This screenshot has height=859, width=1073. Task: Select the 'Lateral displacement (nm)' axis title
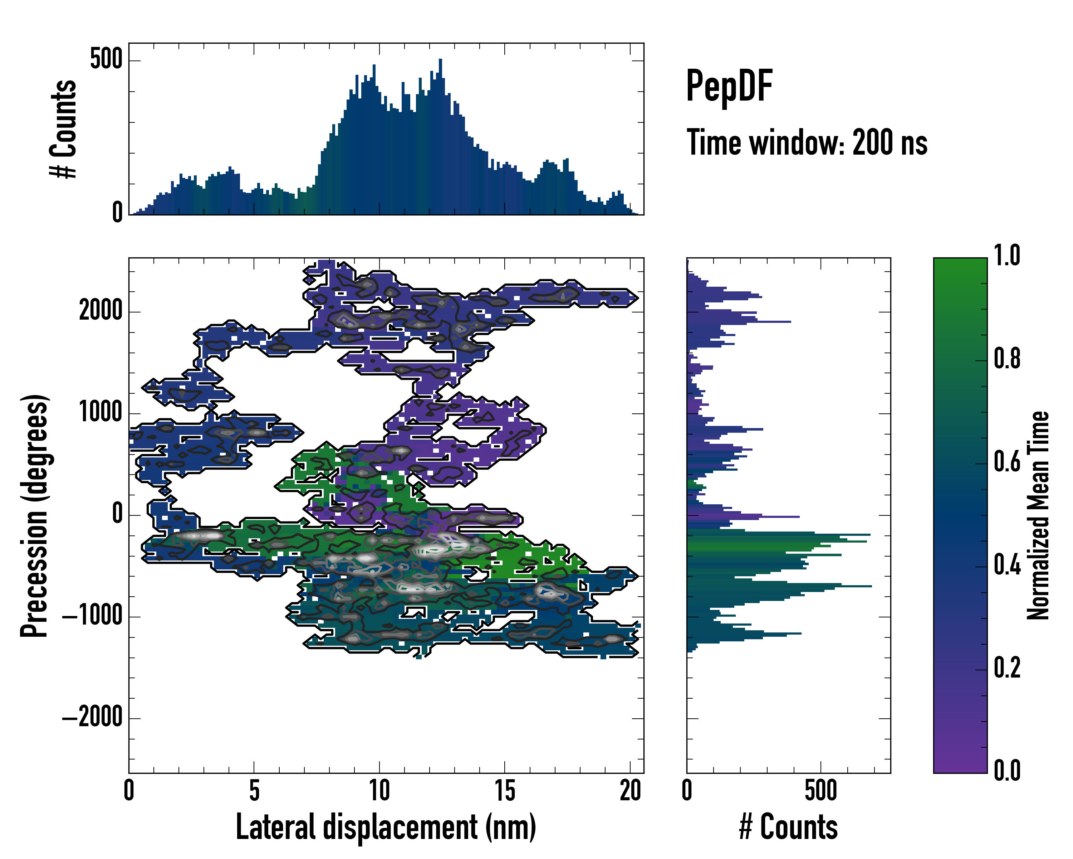pyautogui.click(x=386, y=827)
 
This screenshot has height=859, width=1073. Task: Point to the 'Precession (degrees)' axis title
pyautogui.click(x=35, y=515)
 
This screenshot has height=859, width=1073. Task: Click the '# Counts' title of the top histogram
pyautogui.click(x=64, y=129)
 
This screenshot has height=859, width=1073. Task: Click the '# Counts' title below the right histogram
pyautogui.click(x=788, y=827)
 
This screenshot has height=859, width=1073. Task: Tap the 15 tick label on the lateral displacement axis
pyautogui.click(x=505, y=791)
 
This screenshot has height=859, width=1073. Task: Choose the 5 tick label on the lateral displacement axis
pyautogui.click(x=254, y=791)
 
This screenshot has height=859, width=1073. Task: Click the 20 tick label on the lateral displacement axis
pyautogui.click(x=630, y=791)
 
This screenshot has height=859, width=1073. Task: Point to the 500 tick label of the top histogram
pyautogui.click(x=106, y=60)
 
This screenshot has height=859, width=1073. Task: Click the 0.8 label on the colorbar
pyautogui.click(x=1007, y=359)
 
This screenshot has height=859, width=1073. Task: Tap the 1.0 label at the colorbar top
pyautogui.click(x=1007, y=256)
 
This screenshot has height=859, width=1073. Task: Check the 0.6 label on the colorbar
pyautogui.click(x=1007, y=462)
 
